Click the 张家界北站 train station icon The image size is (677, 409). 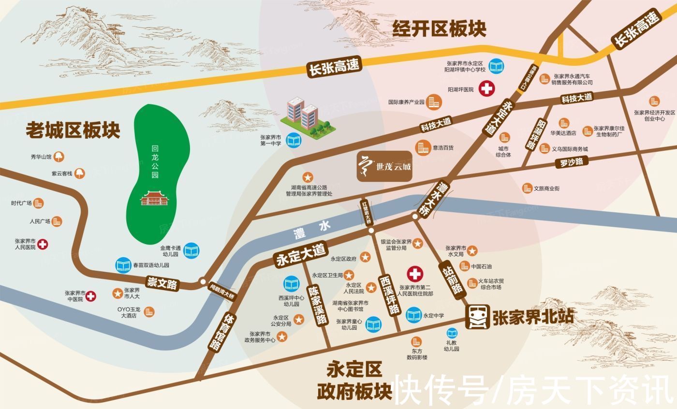pos(477,317)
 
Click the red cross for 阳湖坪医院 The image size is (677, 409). pos(486,89)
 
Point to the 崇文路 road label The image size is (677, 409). pos(162,283)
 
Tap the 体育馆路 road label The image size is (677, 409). pos(216,332)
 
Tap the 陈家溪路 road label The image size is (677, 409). pos(318,304)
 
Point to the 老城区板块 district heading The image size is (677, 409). pos(73,130)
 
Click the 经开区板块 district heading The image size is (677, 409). pos(439,29)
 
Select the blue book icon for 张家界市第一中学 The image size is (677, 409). pos(293,140)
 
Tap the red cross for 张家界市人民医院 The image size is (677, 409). pos(43,244)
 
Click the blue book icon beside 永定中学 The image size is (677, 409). pos(413,316)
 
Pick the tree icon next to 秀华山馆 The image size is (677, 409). pos(59,157)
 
